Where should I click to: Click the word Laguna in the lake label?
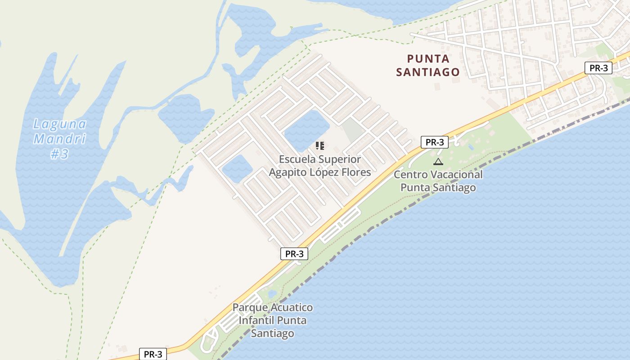tap(60, 124)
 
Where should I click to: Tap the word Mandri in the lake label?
tap(60, 139)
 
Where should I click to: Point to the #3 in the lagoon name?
tap(59, 154)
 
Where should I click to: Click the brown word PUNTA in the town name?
tap(428, 59)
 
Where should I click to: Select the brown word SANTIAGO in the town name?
tap(428, 72)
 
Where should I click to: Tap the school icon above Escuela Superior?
tap(320, 145)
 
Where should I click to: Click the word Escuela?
tap(297, 159)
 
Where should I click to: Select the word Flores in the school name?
tap(356, 172)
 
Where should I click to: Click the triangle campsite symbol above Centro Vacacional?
tap(438, 162)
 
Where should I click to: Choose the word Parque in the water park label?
tap(249, 308)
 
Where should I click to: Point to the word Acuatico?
tap(290, 308)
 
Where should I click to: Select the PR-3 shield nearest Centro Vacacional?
tap(435, 142)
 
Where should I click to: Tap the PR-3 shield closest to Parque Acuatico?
tap(294, 254)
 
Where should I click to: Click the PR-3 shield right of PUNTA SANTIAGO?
tap(598, 68)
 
